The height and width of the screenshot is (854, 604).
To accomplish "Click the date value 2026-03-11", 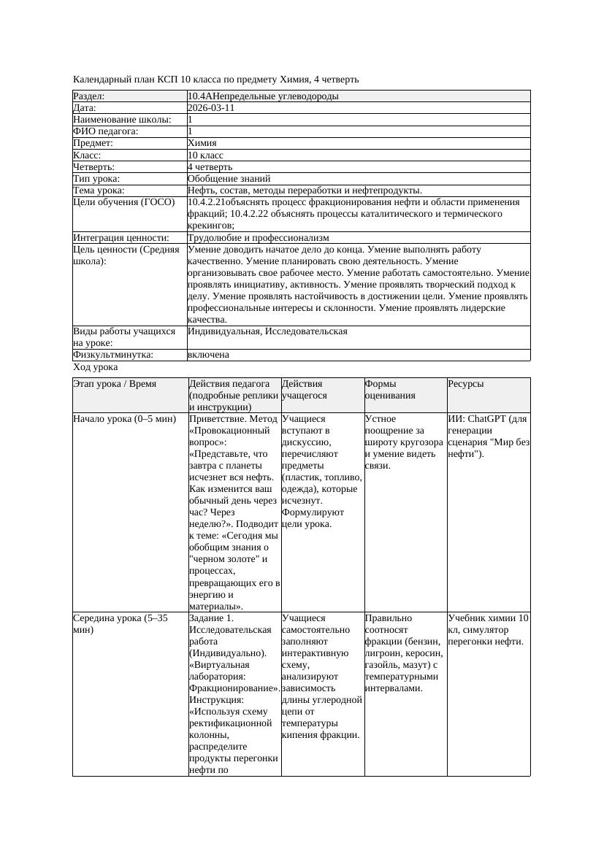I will [211, 108].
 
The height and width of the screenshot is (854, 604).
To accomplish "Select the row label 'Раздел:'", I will [89, 96].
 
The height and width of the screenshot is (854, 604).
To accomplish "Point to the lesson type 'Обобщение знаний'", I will [229, 179].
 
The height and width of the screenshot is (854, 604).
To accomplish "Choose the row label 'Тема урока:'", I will [99, 191].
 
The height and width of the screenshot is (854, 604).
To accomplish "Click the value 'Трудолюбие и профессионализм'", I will [258, 238].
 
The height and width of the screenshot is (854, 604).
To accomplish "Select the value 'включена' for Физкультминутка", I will [208, 355].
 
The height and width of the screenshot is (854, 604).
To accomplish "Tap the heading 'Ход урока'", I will [95, 368].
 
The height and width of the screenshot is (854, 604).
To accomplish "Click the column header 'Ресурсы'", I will [465, 384].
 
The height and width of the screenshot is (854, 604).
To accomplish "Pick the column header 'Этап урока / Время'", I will [115, 384].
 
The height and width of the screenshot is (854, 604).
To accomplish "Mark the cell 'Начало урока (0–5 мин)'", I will [124, 420].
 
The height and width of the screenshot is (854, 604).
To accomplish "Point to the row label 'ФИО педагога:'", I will [106, 131].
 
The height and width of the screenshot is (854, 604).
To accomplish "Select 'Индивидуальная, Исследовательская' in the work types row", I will [267, 331].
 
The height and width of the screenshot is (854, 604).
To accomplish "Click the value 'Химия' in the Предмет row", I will [202, 144].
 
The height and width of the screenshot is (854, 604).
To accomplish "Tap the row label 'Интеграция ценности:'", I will [121, 238].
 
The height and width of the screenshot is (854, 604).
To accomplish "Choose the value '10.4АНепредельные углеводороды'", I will [263, 96].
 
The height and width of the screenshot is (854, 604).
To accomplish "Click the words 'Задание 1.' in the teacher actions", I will [211, 618].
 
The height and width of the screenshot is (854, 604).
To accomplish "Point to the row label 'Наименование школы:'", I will [123, 120].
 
